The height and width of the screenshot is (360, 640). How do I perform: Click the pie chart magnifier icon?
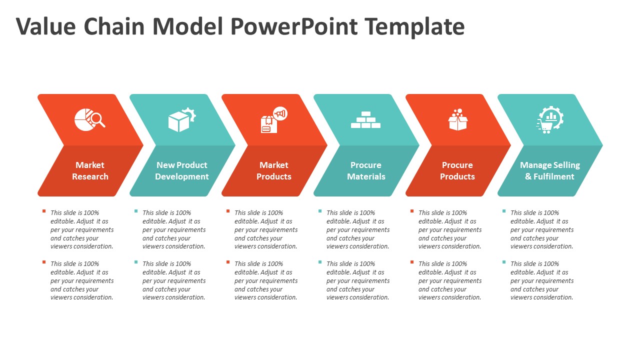(89, 119)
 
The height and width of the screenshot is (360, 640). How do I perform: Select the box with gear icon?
(181, 120)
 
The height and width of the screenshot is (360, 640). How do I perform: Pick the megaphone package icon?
(273, 120)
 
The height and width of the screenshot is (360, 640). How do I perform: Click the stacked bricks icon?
(365, 120)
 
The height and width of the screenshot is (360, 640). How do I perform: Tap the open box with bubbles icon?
(457, 120)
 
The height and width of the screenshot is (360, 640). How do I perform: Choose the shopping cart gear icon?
(549, 120)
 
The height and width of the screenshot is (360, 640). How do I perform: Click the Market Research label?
(90, 170)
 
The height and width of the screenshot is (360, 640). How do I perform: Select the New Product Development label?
(182, 170)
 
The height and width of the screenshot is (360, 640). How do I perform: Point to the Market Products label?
(274, 170)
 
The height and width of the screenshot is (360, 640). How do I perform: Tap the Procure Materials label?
(366, 170)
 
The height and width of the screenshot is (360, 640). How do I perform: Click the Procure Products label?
(457, 170)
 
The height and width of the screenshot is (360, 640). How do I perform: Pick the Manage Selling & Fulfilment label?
(549, 170)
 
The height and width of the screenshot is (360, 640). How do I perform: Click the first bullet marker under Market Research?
(44, 211)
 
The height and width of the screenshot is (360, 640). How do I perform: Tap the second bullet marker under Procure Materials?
(320, 262)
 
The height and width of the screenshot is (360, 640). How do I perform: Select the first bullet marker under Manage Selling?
(504, 211)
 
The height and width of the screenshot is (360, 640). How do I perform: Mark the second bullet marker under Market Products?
(228, 262)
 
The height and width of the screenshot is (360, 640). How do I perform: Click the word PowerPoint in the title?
(294, 26)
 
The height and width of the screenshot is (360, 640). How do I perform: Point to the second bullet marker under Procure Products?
(412, 262)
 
